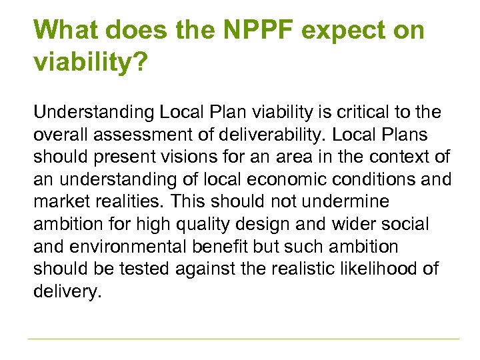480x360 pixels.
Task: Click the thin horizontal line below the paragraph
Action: (x=243, y=339)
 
